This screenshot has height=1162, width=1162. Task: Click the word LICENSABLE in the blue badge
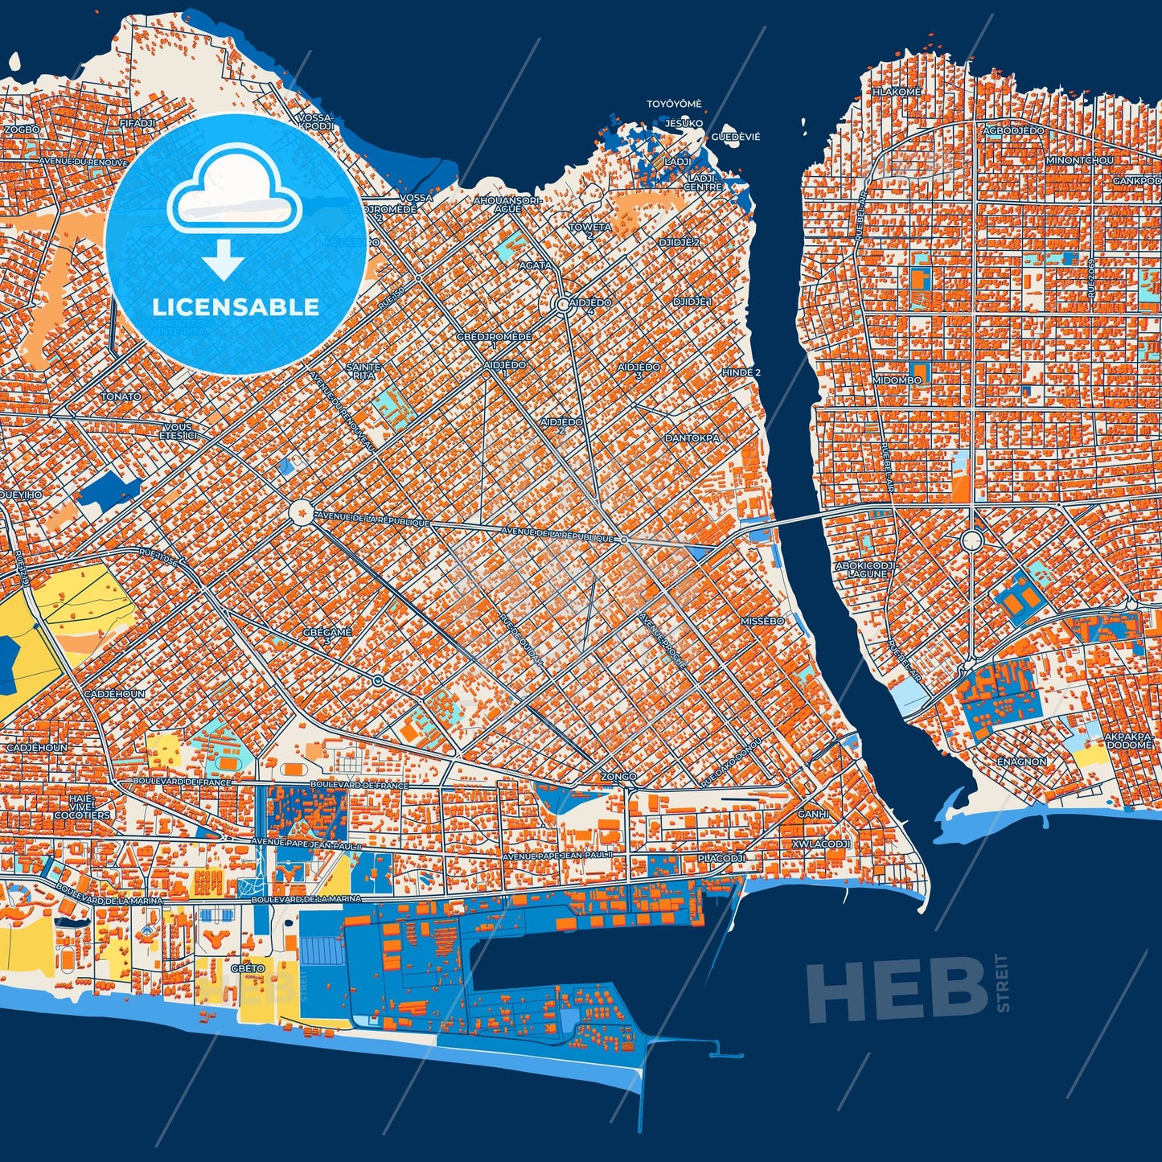[236, 306]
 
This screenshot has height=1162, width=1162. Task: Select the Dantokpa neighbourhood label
[692, 438]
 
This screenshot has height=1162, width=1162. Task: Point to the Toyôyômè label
[674, 104]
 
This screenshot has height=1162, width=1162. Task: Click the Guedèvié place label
[735, 137]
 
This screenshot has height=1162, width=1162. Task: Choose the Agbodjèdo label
[1013, 130]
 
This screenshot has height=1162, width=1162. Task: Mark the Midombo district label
[897, 380]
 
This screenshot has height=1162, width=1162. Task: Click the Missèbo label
[762, 621]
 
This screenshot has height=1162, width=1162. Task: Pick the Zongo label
[618, 777]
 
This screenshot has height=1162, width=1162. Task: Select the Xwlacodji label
[821, 844]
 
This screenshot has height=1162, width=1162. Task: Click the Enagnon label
[1021, 761]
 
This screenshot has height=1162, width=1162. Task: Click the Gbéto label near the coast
[247, 968]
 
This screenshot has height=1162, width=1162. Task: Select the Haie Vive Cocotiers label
[82, 807]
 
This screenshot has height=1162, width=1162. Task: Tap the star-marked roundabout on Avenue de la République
[301, 511]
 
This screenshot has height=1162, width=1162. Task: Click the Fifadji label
[136, 123]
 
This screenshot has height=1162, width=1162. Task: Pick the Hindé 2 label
[741, 372]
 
